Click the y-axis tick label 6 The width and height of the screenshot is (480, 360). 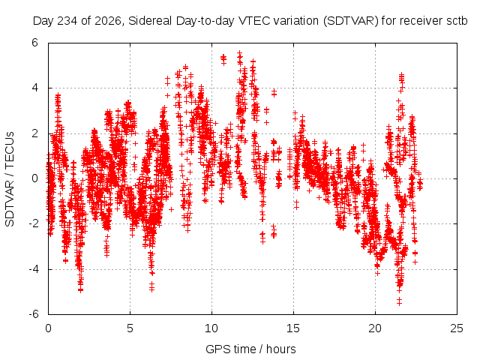pos(34,43)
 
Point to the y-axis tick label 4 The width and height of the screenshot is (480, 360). pos(35,88)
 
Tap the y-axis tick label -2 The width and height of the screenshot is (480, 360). pos(33,224)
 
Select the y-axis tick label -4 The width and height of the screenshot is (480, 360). pos(33,269)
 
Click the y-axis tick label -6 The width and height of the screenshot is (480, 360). pos(33,314)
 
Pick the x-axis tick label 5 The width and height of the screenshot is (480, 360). pos(130,328)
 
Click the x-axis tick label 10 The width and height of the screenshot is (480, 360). pos(211,328)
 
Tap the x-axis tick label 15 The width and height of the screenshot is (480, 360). pos(293,328)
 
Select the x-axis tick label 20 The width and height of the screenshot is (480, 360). pos(375,328)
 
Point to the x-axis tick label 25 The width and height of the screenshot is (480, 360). pos(457,328)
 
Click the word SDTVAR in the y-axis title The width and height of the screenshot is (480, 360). pos(10,203)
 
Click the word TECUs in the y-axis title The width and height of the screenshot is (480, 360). pos(10,150)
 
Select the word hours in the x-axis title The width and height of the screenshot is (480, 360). pos(281,349)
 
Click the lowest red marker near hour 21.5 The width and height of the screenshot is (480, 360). pos(399,303)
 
